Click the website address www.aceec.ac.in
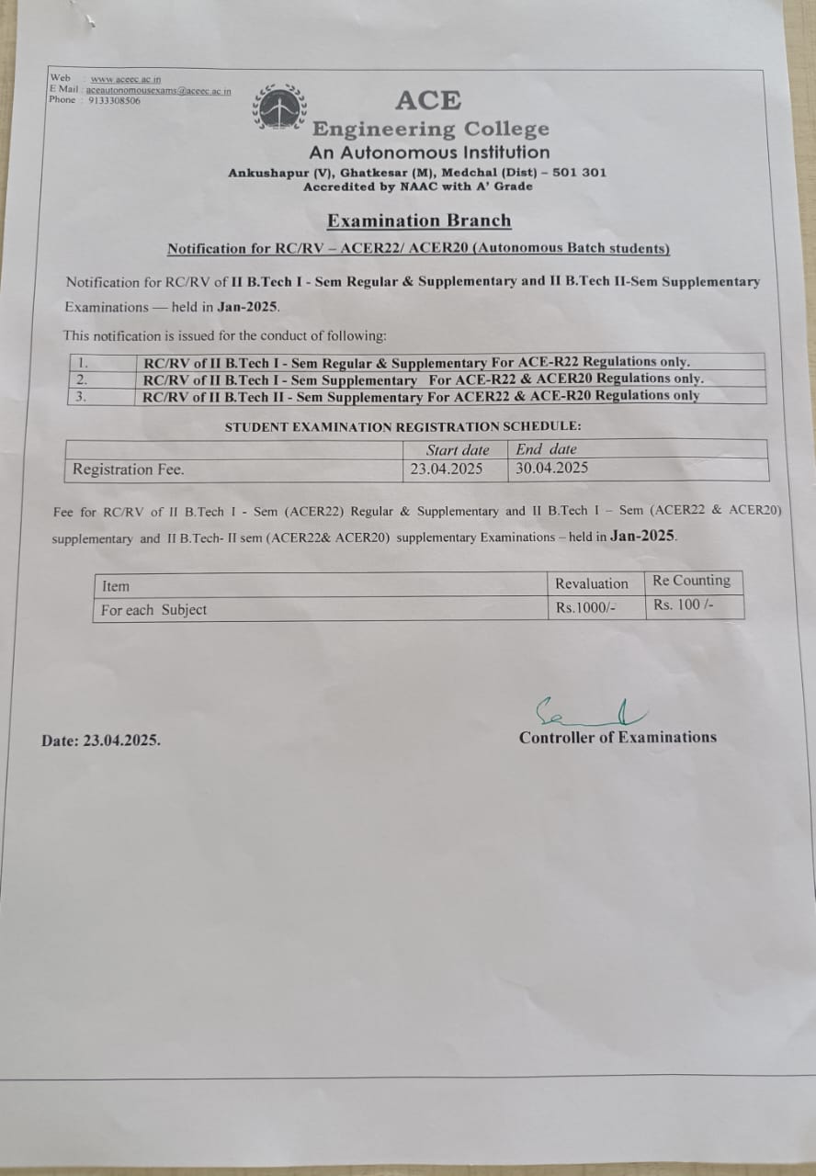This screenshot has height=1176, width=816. coord(126,79)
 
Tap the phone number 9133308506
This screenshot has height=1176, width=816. coord(115,100)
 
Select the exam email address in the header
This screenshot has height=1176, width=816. coord(158,90)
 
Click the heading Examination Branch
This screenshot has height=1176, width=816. coord(419,220)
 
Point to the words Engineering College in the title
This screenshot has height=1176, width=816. coord(431,129)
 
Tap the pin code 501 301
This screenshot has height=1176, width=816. coord(579,173)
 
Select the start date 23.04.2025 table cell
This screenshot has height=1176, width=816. coord(447,469)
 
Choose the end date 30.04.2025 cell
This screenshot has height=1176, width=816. coord(551,468)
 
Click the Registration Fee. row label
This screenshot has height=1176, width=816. coord(129,469)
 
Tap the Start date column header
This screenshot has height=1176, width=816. coord(458,450)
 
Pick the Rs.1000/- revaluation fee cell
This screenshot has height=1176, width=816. coord(580,607)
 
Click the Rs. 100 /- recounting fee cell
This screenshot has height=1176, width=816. coord(684,605)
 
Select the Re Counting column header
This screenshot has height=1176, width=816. coord(691,581)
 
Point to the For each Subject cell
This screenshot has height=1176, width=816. coord(154,610)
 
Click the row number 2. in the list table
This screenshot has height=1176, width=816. coord(82,379)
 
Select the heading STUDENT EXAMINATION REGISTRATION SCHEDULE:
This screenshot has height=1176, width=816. coord(403,426)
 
